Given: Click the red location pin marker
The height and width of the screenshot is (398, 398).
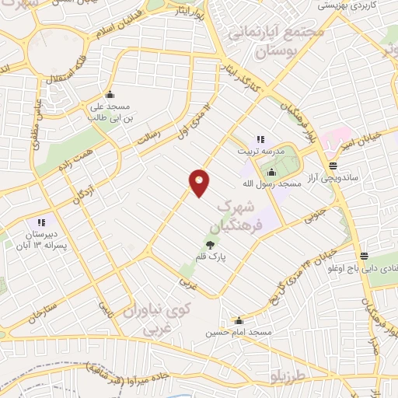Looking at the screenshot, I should (200, 183).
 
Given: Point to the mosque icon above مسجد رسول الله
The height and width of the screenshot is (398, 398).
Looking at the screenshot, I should (271, 173).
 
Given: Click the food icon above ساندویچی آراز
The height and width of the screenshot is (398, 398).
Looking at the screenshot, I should (333, 166).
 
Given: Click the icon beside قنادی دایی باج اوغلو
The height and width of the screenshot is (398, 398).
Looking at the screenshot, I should (365, 257).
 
